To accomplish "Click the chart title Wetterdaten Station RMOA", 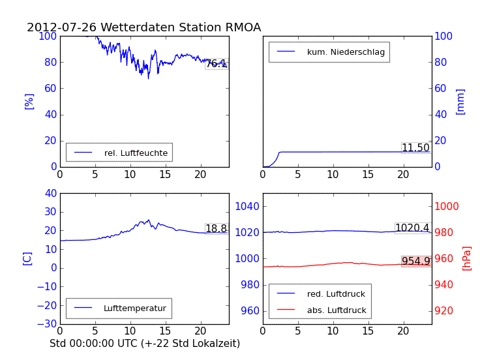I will (x=143, y=27).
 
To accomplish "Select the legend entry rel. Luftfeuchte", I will (x=136, y=153).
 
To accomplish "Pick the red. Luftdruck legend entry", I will (x=337, y=294).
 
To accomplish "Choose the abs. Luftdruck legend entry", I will (x=337, y=310).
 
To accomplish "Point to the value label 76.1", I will (x=217, y=63).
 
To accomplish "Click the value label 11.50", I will (x=415, y=148).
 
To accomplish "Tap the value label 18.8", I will (x=217, y=229).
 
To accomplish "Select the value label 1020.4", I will (x=412, y=228).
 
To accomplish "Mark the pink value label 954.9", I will (x=415, y=262).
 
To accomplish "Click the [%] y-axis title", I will (x=29, y=101).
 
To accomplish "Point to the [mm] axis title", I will (x=460, y=101).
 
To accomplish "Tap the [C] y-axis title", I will (x=27, y=258).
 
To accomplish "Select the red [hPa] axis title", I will (x=467, y=258).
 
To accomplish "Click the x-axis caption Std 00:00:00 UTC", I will (x=145, y=343).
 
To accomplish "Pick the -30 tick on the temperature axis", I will (x=47, y=324).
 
